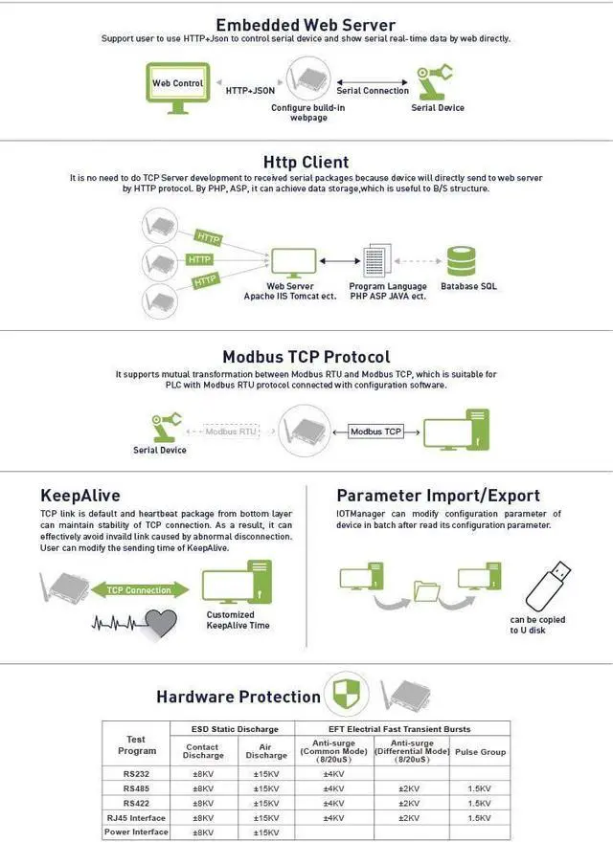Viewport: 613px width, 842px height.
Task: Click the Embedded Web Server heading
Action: click(x=306, y=25)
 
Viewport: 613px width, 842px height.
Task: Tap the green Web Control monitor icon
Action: click(x=178, y=85)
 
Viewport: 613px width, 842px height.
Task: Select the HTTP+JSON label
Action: click(x=251, y=91)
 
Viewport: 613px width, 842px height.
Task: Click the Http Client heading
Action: click(x=306, y=162)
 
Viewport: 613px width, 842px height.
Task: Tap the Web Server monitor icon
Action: click(x=290, y=261)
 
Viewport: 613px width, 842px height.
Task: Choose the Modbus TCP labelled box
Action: click(x=375, y=432)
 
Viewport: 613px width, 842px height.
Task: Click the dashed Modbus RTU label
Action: click(x=232, y=432)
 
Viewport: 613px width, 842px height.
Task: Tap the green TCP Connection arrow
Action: click(x=139, y=590)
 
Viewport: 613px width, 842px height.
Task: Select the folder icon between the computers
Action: click(x=425, y=590)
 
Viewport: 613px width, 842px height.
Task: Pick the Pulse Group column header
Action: click(x=480, y=752)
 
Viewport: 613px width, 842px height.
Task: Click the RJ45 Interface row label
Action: click(x=135, y=818)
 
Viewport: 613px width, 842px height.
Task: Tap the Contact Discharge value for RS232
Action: click(x=203, y=773)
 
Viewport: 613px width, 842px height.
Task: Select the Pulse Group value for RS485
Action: click(x=480, y=788)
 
